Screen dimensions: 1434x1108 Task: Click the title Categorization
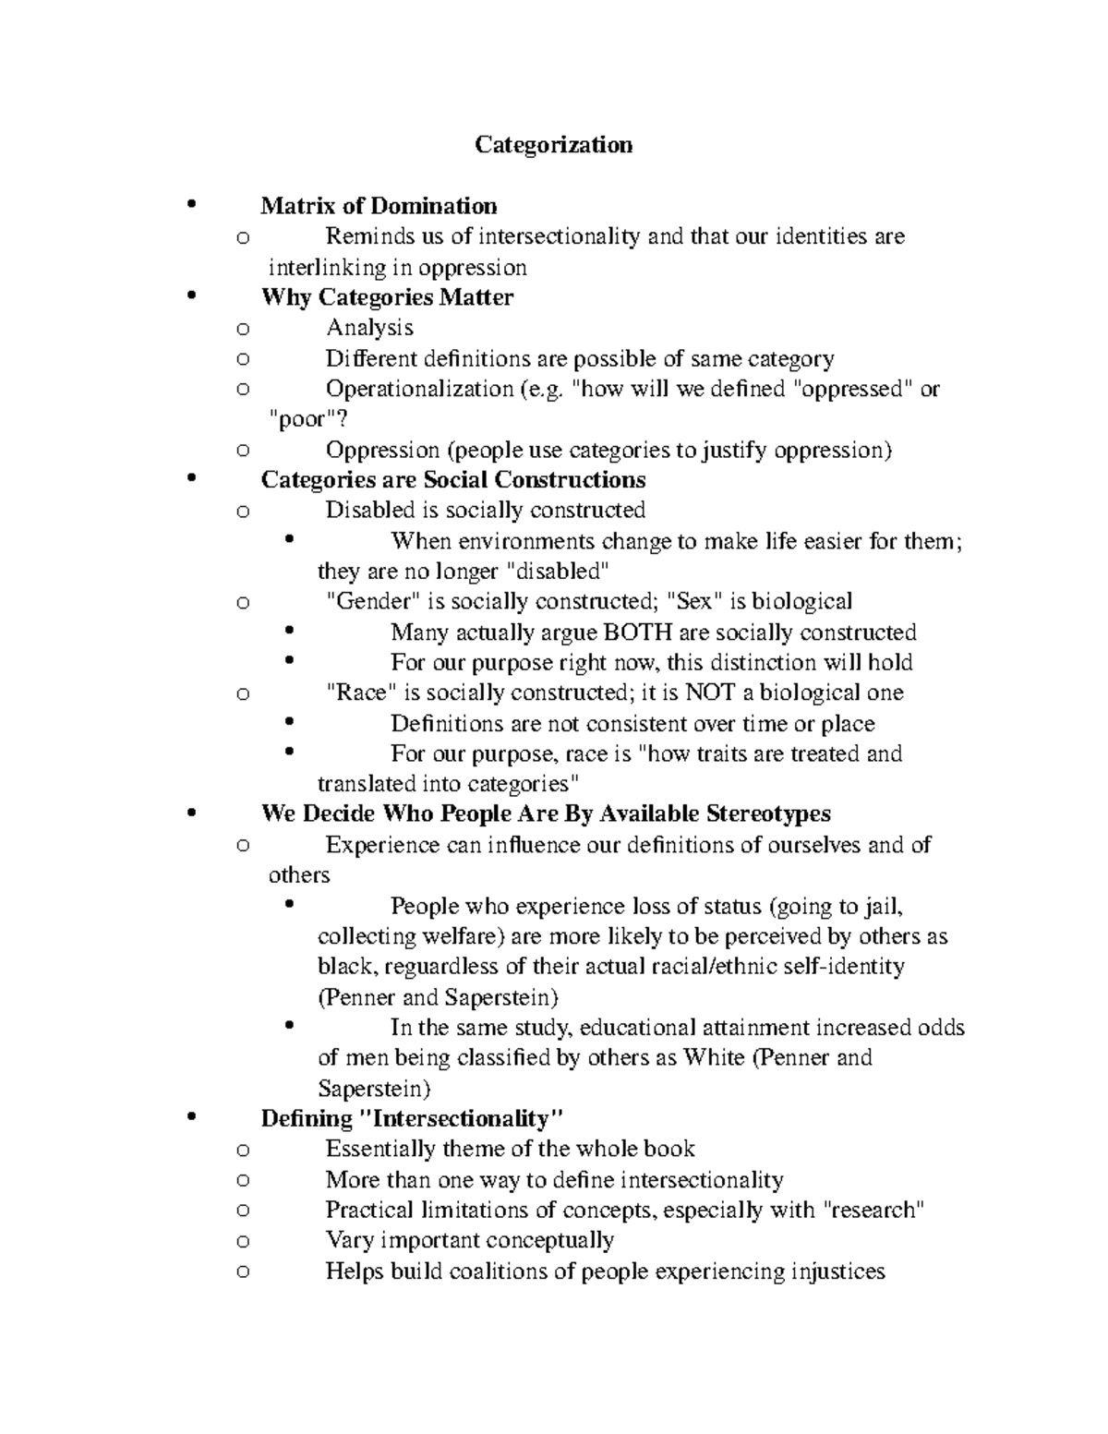553,145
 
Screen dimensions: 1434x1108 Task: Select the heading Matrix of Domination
379,206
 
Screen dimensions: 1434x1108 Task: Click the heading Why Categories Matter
387,297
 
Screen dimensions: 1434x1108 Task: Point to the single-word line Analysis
369,328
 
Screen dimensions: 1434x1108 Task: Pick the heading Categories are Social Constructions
452,480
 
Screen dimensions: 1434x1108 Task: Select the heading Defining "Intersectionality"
412,1119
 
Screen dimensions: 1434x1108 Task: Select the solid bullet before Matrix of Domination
192,205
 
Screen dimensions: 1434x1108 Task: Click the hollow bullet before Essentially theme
243,1151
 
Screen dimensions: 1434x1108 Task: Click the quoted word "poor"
301,419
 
